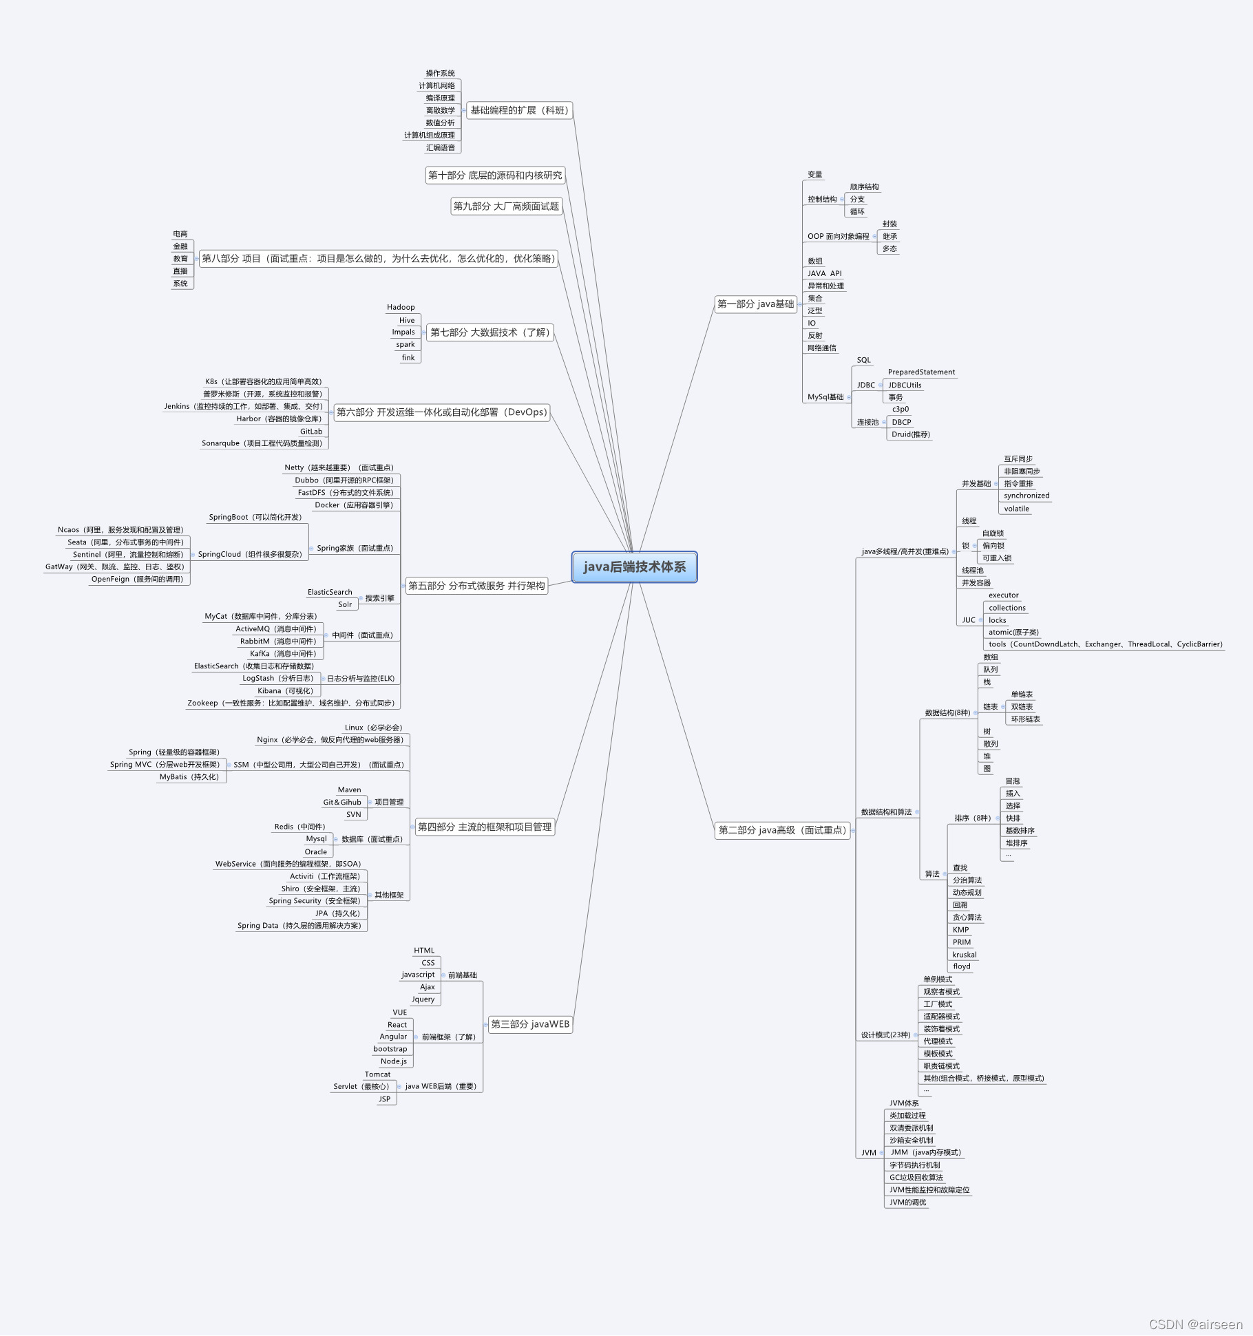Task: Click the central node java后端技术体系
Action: (x=634, y=567)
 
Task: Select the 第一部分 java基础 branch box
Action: (x=755, y=304)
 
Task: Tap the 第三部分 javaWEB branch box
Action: (x=529, y=1024)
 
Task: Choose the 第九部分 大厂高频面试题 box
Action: (x=506, y=206)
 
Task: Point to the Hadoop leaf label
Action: (x=401, y=308)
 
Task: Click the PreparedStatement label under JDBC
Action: (x=921, y=372)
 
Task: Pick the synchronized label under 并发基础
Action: (x=1026, y=496)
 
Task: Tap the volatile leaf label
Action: (x=1016, y=509)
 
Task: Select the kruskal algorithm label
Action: (x=964, y=955)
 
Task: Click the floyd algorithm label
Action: (x=961, y=966)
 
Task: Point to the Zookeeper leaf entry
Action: (x=291, y=703)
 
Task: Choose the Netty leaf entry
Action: (x=339, y=468)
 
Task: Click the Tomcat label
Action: (x=377, y=1074)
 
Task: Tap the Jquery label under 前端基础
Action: (x=423, y=999)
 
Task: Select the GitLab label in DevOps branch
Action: (x=311, y=432)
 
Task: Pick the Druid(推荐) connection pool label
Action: (x=910, y=434)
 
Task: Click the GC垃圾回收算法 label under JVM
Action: (x=916, y=1178)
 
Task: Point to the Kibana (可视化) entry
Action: (x=285, y=691)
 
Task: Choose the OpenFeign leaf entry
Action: (x=137, y=580)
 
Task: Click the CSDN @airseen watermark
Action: (x=1195, y=1324)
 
